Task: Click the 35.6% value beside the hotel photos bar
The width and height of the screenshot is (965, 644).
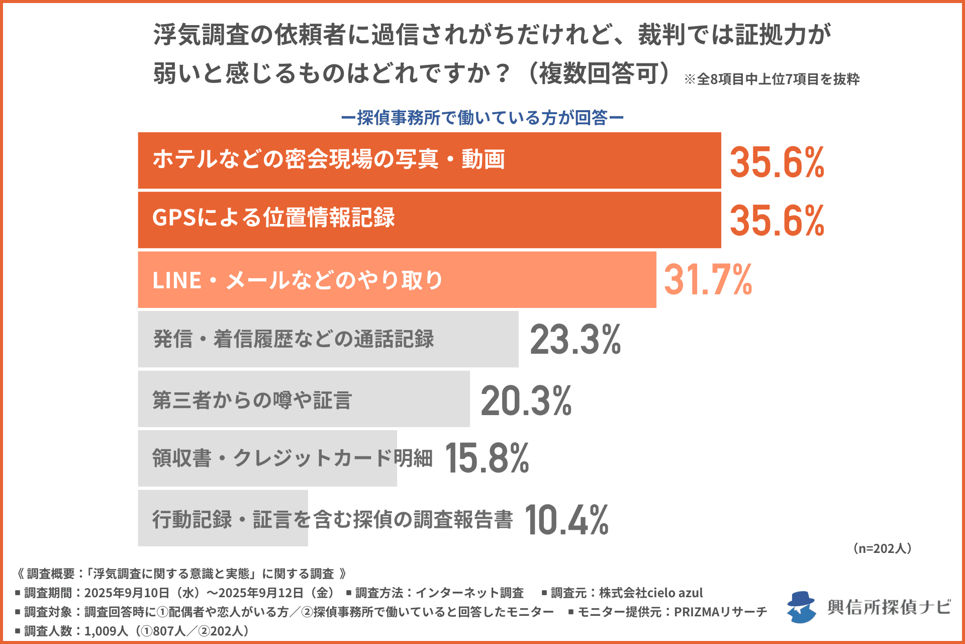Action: [777, 163]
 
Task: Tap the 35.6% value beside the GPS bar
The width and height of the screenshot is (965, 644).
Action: [777, 221]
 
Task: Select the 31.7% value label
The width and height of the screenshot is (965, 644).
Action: [708, 280]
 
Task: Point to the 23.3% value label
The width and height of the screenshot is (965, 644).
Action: [575, 340]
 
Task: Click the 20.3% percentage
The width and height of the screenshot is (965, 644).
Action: [526, 401]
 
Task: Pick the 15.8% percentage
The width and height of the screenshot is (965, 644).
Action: [487, 458]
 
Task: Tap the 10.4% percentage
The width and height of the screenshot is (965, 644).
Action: [566, 520]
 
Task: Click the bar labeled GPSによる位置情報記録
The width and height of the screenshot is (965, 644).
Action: [503, 220]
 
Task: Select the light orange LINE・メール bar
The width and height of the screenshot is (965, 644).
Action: [528, 280]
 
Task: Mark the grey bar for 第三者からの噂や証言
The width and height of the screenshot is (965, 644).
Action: [412, 399]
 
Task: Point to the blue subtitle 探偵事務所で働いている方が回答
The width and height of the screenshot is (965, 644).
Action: [482, 118]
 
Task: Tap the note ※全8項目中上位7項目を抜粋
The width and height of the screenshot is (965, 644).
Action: [771, 79]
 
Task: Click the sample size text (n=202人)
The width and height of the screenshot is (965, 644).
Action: [882, 548]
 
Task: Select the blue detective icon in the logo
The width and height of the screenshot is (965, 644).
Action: [801, 607]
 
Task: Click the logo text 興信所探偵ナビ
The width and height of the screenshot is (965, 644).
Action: [889, 607]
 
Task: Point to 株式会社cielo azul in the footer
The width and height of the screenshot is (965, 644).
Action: [651, 593]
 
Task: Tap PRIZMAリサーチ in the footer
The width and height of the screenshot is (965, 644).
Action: [720, 612]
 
